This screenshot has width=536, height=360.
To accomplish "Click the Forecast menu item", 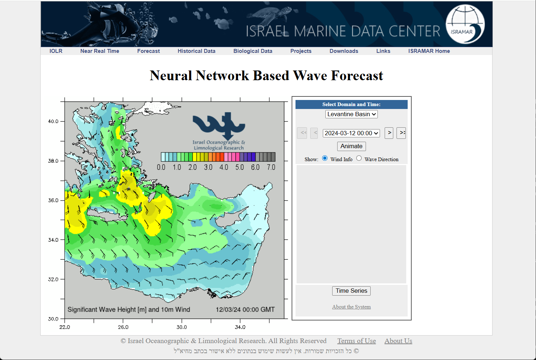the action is click(148, 51).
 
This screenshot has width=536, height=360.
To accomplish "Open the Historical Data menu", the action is click(196, 51).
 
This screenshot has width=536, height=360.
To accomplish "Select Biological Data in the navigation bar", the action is click(253, 51).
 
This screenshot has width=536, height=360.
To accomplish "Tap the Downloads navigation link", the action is click(344, 51).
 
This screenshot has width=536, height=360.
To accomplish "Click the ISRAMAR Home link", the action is click(429, 51).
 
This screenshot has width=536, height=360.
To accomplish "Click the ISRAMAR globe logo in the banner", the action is click(465, 24).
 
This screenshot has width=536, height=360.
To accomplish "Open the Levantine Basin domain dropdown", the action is click(351, 114).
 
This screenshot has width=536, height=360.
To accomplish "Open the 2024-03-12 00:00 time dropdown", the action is click(351, 133).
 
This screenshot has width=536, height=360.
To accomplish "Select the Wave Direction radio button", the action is click(359, 158).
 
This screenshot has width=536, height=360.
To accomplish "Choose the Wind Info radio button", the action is click(325, 158).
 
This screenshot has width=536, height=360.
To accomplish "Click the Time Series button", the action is click(351, 291).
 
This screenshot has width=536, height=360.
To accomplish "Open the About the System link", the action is click(351, 307).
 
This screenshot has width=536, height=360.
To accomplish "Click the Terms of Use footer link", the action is click(356, 341).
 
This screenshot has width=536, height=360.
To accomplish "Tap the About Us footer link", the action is click(398, 341).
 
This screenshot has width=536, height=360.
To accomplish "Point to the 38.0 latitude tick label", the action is click(53, 161).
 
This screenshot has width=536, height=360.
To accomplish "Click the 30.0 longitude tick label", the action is click(182, 327).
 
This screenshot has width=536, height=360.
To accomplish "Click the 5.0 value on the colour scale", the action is click(239, 167).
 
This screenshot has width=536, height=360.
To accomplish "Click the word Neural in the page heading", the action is click(171, 76).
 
